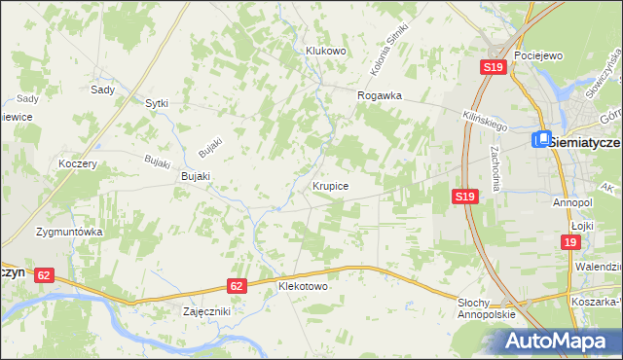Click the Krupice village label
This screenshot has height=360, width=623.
331,185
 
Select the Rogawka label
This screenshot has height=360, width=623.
380,95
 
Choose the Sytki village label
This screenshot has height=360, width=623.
157,102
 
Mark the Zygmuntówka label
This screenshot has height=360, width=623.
69,233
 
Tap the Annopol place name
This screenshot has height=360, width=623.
572,202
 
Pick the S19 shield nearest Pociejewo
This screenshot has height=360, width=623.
493,67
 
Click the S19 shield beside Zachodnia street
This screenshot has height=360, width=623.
465,197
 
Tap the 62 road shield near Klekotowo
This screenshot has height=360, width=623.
237,286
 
